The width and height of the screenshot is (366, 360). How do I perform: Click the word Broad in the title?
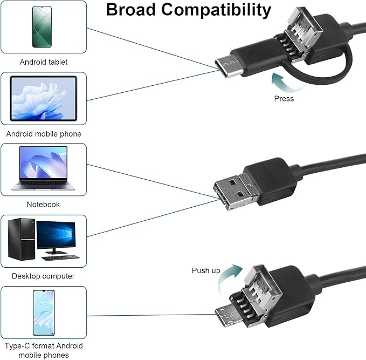[x=131, y=10]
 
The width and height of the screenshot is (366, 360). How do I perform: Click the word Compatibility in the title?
[x=216, y=11]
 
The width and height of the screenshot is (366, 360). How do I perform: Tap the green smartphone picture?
[x=42, y=27]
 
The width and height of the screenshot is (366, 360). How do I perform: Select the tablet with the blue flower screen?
[x=44, y=98]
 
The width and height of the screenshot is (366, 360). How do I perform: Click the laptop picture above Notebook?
[x=44, y=168]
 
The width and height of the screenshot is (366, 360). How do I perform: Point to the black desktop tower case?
[x=21, y=239]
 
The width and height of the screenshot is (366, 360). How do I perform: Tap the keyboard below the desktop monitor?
[x=61, y=257]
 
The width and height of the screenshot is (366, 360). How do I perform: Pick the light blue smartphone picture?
[x=44, y=313]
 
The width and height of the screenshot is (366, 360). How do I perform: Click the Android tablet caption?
[x=44, y=62]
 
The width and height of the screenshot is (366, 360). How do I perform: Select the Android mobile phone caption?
[x=44, y=134]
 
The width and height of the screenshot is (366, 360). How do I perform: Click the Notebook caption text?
[x=44, y=205]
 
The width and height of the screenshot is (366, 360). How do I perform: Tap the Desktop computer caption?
[x=44, y=276]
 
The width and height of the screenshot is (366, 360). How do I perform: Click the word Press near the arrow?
[x=284, y=99]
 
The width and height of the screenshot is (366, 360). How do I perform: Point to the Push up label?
[x=206, y=271]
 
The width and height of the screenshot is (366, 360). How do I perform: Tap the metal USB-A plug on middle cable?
[x=236, y=191]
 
